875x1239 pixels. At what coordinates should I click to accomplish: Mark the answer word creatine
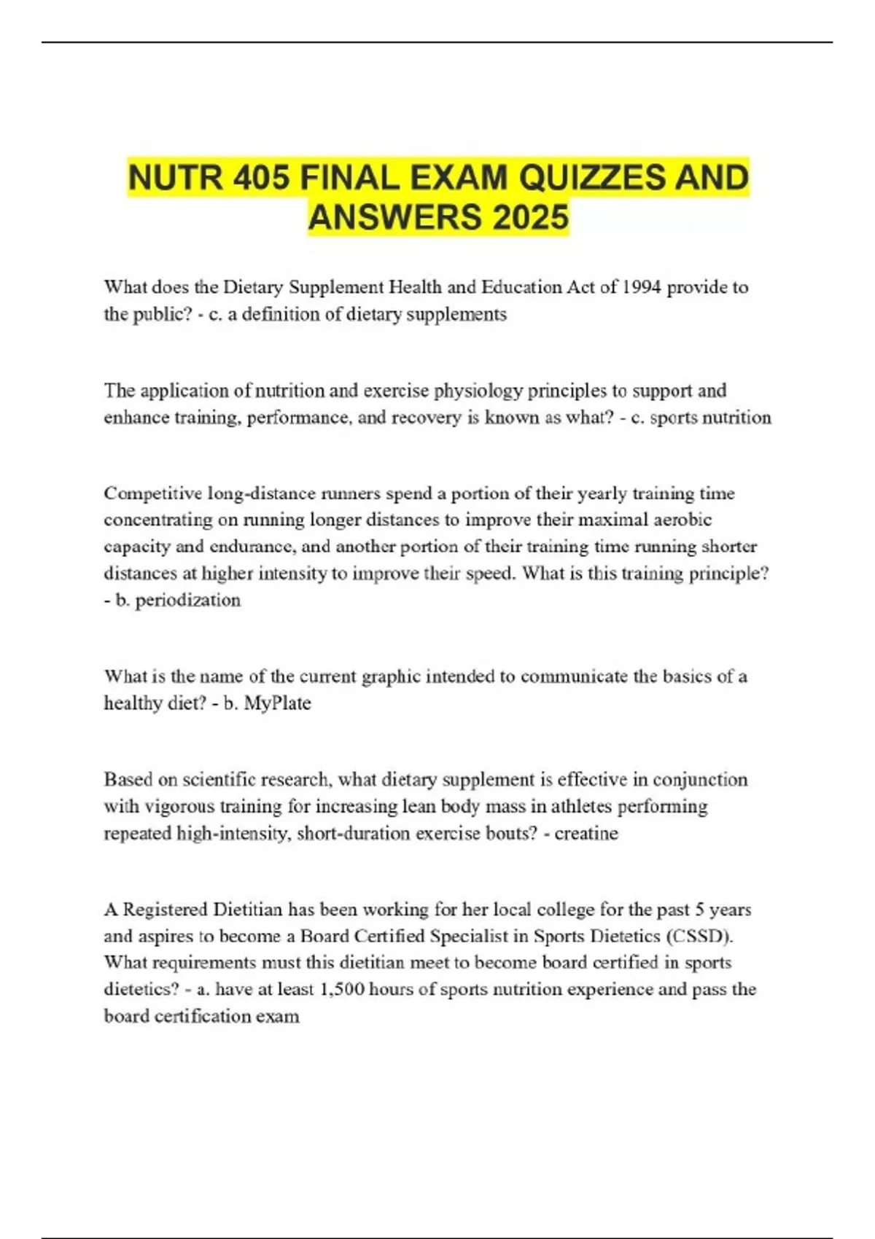pos(586,833)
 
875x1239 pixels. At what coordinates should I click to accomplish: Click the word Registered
pos(166,910)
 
